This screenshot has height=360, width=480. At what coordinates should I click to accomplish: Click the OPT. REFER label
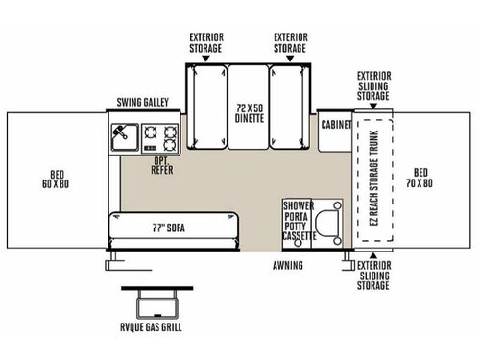tap(161, 167)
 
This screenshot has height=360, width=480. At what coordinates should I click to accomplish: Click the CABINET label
tap(335, 125)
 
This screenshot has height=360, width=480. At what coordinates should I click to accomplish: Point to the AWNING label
tap(287, 265)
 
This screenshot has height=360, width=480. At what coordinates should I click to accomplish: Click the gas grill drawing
tap(151, 302)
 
